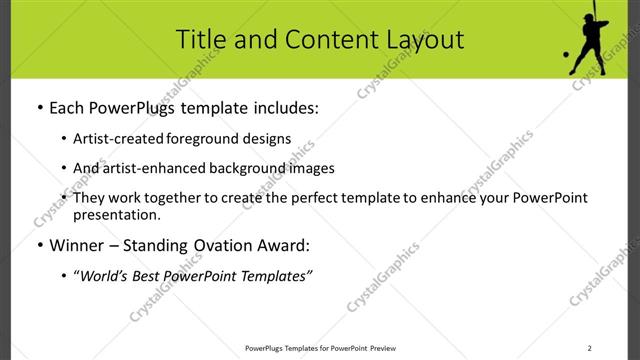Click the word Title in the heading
click(x=199, y=39)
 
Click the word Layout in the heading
click(x=424, y=39)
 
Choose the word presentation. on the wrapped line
click(x=117, y=214)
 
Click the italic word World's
click(x=104, y=276)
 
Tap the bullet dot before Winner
click(x=39, y=245)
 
